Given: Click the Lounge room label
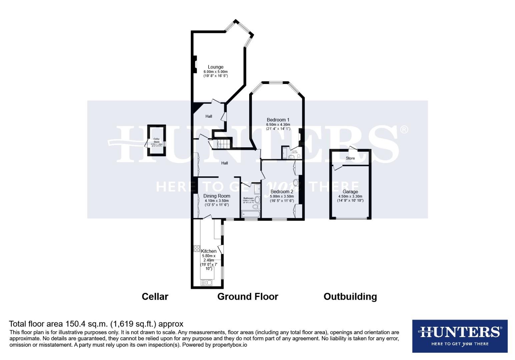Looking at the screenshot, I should click(x=215, y=67).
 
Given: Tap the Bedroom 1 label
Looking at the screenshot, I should click(x=278, y=120).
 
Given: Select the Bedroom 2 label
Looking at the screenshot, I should click(x=282, y=192).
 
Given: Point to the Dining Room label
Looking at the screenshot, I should click(x=216, y=196).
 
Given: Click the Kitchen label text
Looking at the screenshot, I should click(x=208, y=251).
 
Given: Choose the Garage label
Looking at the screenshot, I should click(x=350, y=192).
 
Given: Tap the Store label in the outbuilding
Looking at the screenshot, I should click(x=350, y=158).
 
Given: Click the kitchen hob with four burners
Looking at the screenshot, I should click(x=196, y=248).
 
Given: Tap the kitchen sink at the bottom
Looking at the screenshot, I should click(x=206, y=283).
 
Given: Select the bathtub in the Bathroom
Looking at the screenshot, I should click(x=250, y=213).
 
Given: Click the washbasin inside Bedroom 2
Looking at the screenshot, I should click(x=296, y=182).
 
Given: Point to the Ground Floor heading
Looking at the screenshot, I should click(x=247, y=296).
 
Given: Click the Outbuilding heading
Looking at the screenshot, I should click(x=350, y=296).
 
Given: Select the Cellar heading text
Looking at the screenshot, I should click(x=155, y=296).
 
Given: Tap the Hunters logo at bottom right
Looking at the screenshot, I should click(x=460, y=336).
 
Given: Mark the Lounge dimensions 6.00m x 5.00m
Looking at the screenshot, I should click(x=215, y=72).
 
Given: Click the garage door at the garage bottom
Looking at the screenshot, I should click(x=350, y=219).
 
